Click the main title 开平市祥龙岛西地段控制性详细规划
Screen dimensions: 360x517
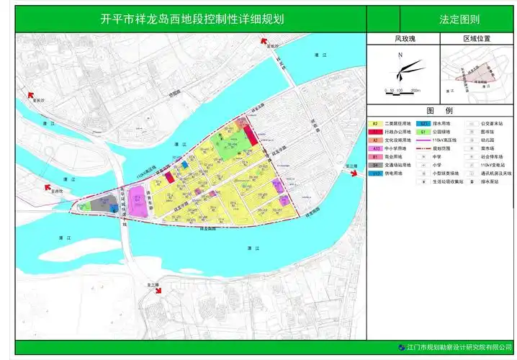tap(192, 19)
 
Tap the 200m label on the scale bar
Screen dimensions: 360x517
tap(415, 91)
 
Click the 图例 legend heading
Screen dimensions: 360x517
tap(439, 111)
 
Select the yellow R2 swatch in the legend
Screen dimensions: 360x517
tap(375, 124)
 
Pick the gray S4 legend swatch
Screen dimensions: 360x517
tap(375, 165)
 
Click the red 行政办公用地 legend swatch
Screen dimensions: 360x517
tap(375, 132)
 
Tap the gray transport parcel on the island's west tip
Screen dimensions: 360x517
tap(106, 204)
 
